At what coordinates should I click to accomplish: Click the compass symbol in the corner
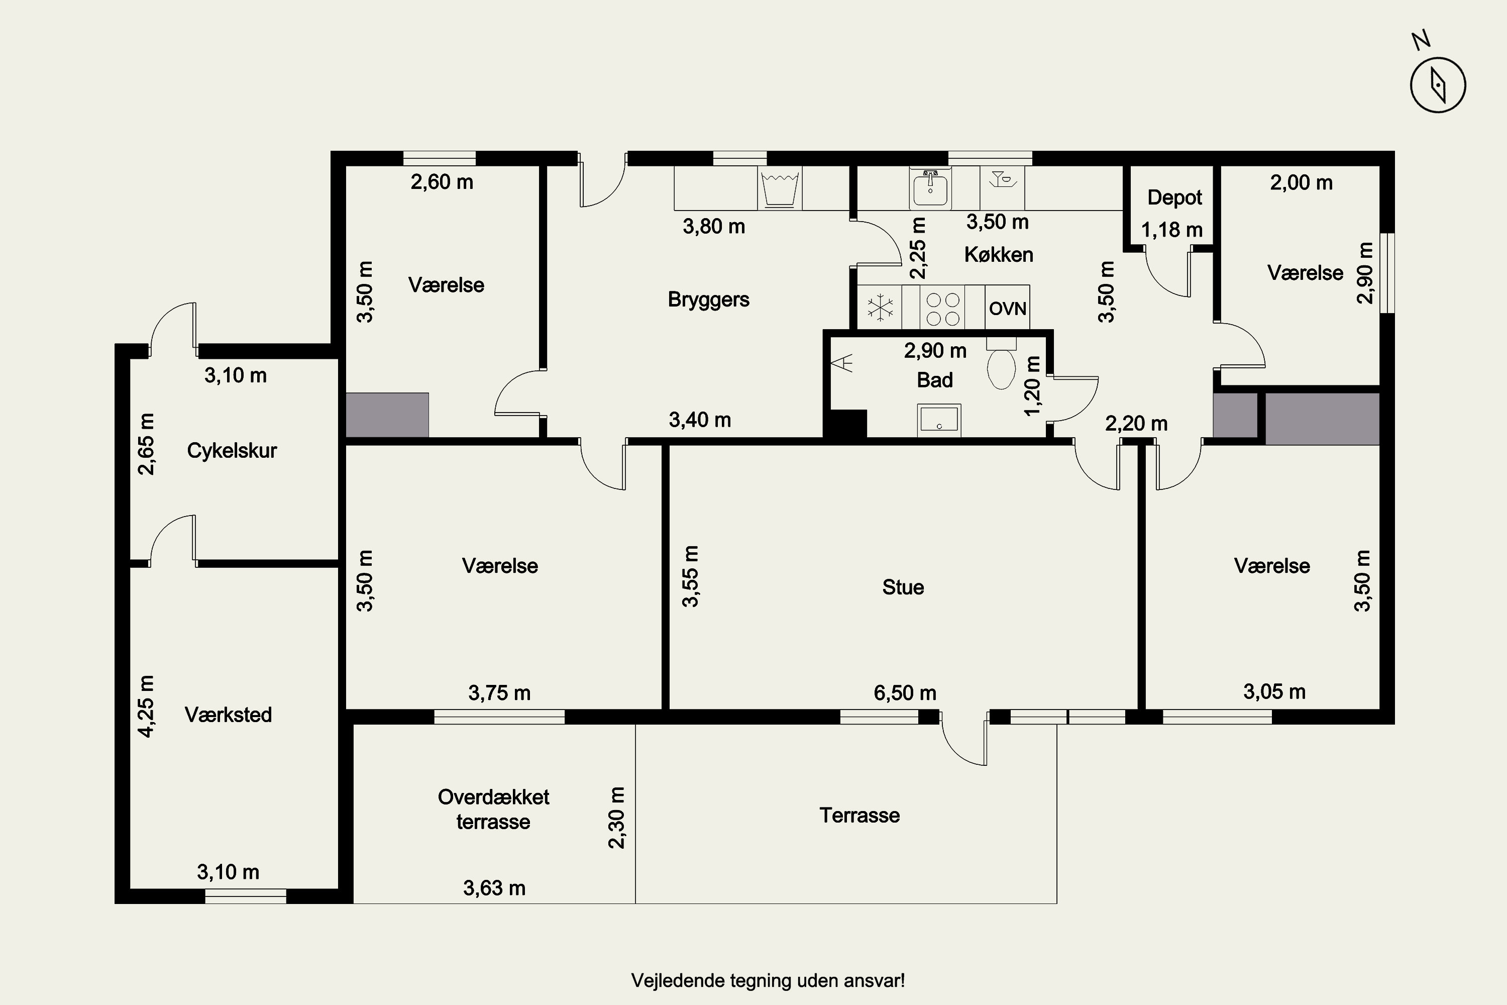[1438, 84]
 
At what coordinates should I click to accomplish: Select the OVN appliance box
[1007, 309]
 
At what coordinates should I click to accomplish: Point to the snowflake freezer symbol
[881, 308]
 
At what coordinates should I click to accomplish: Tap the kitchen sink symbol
[930, 187]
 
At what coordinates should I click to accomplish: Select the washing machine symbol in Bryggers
[780, 188]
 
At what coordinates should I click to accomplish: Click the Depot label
[1174, 197]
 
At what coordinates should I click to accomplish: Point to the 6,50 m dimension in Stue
[905, 693]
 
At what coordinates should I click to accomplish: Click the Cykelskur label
[232, 451]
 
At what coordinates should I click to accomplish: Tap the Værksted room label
[228, 715]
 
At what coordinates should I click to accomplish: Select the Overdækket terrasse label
[493, 809]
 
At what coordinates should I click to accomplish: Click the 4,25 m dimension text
[146, 707]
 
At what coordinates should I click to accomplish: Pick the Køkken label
[998, 254]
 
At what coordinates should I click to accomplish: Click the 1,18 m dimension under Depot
[1172, 230]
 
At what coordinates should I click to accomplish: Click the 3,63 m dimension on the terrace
[494, 888]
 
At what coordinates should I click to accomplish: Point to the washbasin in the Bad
[939, 420]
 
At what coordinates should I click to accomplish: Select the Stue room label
[903, 587]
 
